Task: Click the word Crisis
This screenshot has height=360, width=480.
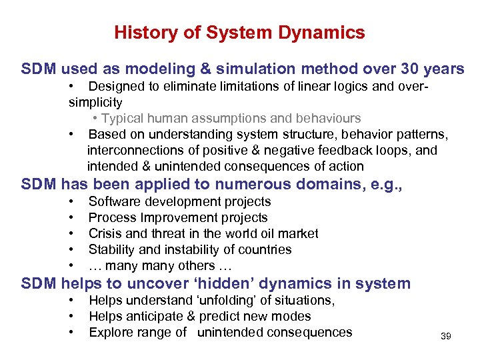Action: point(105,233)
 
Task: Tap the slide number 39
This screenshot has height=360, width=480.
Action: point(446,336)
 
